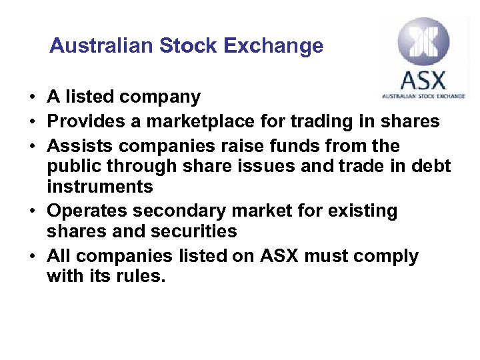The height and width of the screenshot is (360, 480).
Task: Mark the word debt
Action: tap(431, 166)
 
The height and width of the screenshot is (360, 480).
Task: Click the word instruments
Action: tap(100, 186)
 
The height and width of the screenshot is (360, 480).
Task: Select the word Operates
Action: tap(87, 211)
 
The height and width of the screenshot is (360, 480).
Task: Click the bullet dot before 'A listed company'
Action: tap(32, 97)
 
